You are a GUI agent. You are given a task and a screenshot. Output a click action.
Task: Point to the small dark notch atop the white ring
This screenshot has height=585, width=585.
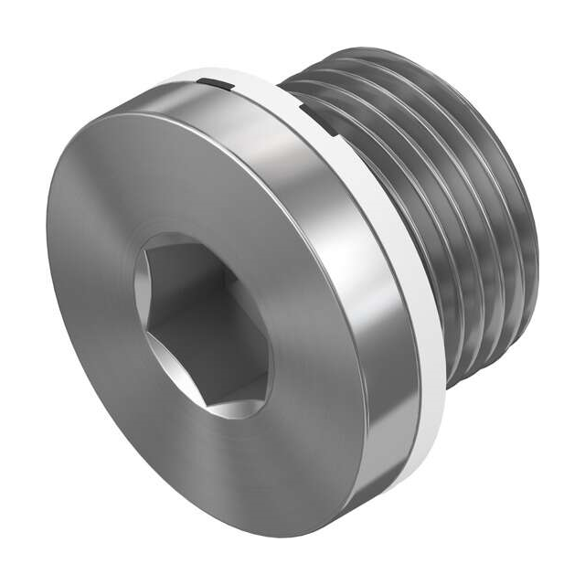point(212,84)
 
